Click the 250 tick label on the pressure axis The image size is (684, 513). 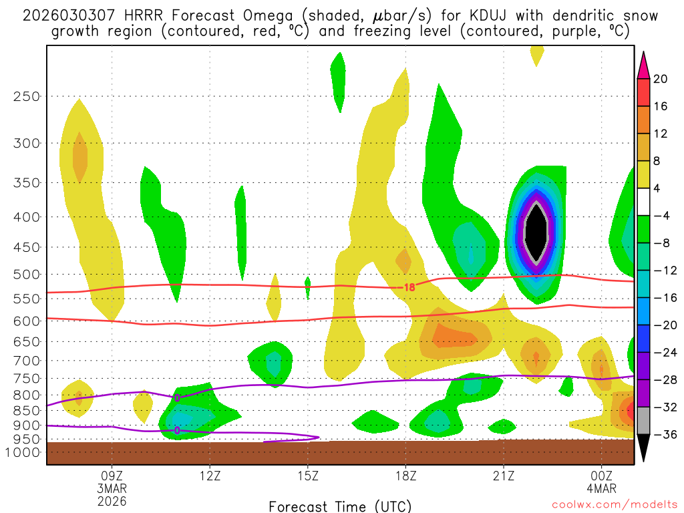point(26,96)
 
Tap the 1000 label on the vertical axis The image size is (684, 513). point(23,453)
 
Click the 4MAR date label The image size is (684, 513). point(602,488)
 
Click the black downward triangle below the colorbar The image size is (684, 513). point(644,449)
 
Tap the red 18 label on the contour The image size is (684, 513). point(409,287)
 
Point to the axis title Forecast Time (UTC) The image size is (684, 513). point(340,506)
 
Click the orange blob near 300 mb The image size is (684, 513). point(79,157)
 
